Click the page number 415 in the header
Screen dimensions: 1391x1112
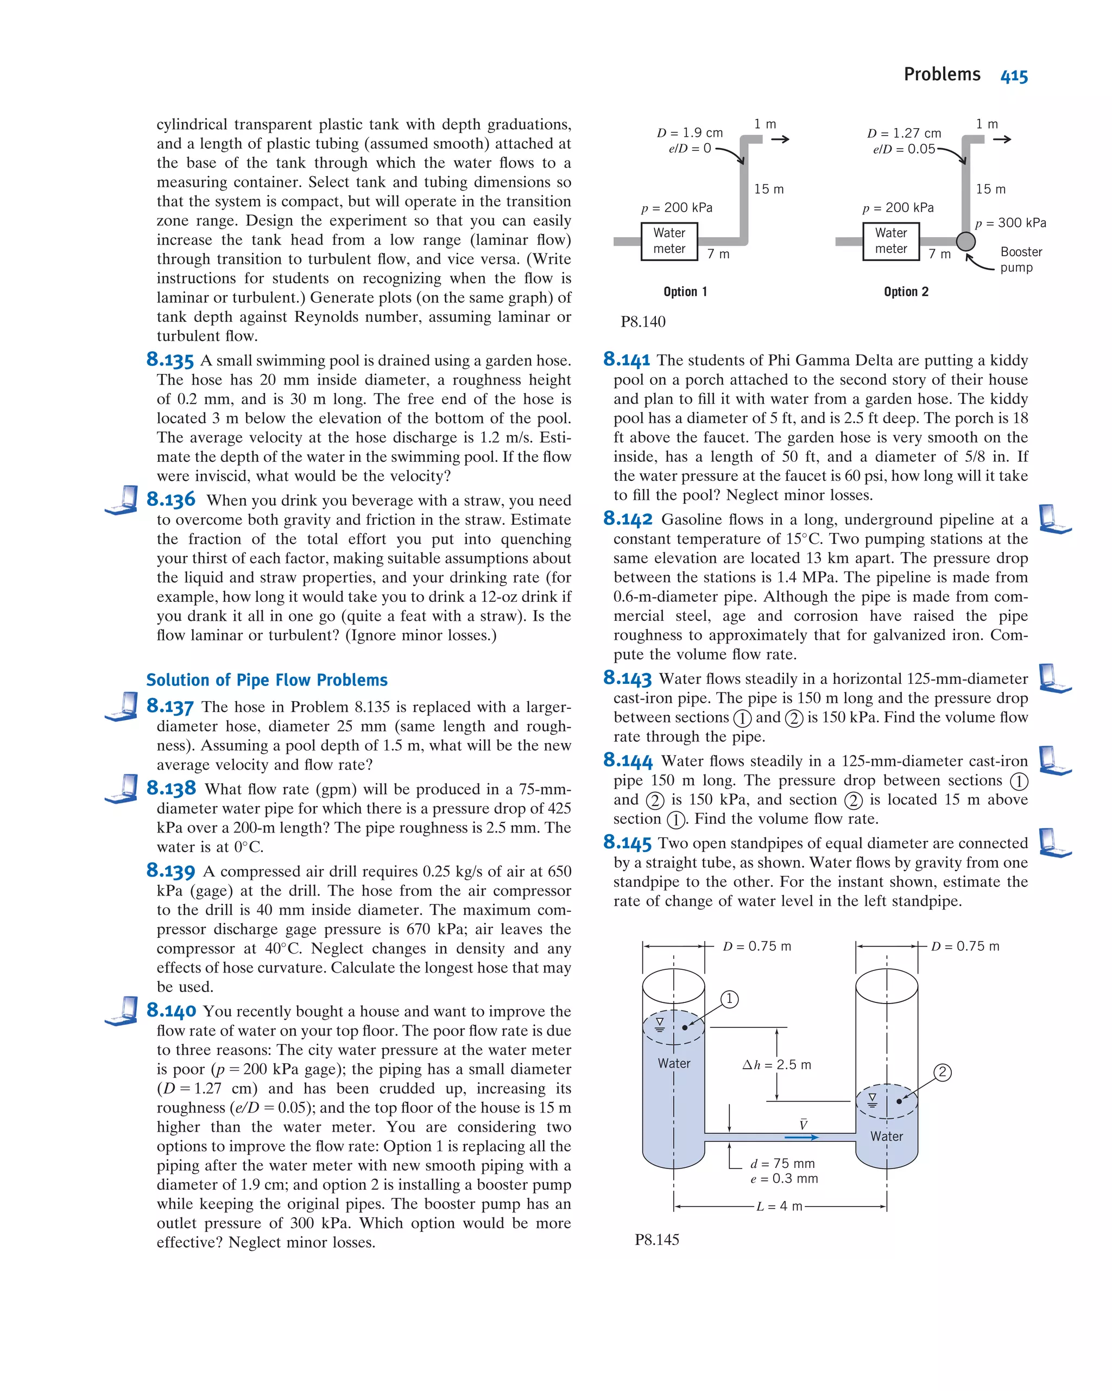1013,76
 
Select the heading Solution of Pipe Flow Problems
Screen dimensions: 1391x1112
267,680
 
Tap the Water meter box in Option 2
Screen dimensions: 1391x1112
890,240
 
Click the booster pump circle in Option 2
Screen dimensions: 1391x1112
965,242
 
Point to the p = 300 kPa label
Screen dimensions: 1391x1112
1010,223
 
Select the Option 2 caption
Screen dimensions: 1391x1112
906,291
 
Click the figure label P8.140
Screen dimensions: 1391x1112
643,321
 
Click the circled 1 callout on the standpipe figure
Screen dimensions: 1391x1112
729,999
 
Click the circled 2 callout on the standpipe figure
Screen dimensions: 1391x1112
942,1072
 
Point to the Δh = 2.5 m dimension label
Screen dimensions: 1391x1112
776,1064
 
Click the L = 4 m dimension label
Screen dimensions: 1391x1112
779,1206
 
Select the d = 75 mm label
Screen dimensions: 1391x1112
782,1163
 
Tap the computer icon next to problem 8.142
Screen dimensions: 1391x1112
1054,519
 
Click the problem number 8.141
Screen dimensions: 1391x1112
626,360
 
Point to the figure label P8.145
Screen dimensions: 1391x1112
656,1240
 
